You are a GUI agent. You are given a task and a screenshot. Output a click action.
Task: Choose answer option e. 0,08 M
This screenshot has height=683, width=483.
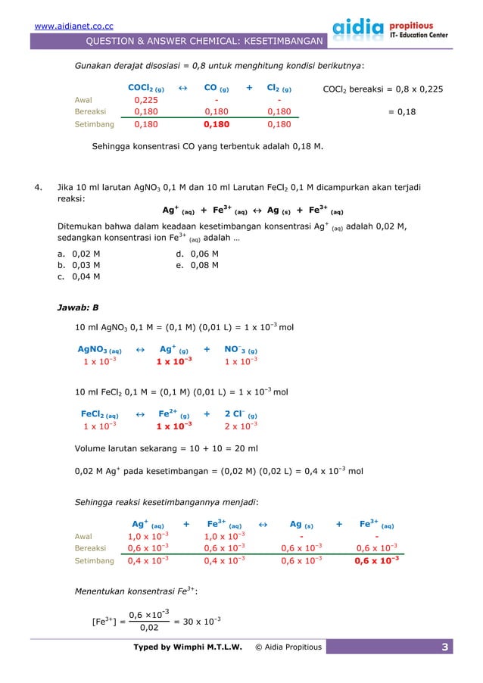(x=197, y=265)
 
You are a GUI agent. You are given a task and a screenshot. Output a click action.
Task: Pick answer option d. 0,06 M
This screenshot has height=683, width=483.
(x=197, y=254)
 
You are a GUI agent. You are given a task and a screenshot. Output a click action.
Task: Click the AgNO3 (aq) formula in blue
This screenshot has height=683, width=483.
(x=100, y=350)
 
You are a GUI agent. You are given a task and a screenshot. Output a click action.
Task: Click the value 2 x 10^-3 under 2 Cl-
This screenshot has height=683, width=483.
(x=241, y=426)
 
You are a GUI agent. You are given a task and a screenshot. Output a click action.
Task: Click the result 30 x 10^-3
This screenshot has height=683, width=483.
(x=198, y=621)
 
